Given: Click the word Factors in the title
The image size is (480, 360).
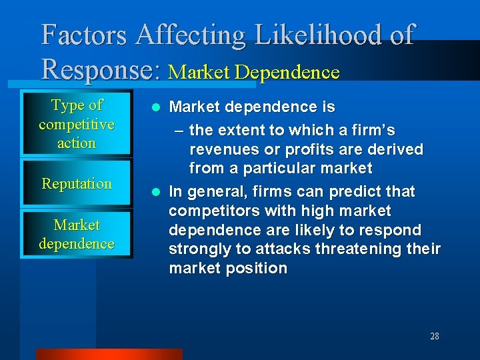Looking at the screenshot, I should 84,35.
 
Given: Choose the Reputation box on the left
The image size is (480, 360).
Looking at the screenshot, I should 77,184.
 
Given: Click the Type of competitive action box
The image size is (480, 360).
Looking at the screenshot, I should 77,124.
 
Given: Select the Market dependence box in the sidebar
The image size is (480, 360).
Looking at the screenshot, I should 77,235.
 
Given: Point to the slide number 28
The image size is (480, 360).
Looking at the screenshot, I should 434,336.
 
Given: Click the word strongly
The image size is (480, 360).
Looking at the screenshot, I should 198,249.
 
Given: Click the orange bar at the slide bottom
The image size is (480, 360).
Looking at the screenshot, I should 109,354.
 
